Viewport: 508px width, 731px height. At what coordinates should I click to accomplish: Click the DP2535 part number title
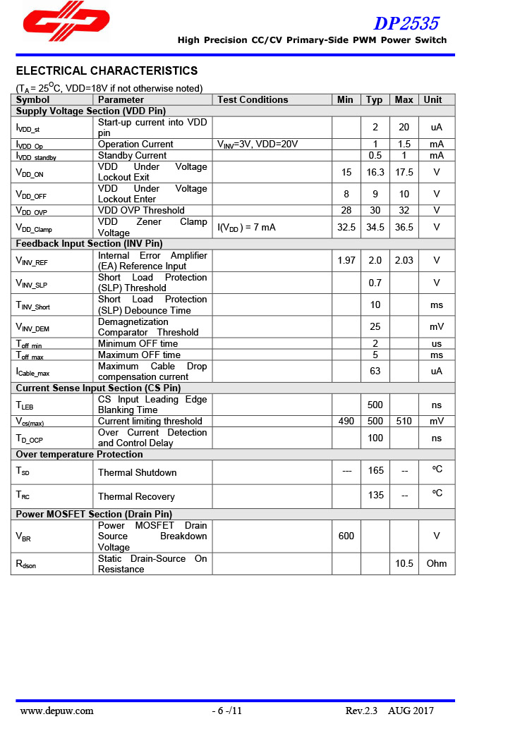406,23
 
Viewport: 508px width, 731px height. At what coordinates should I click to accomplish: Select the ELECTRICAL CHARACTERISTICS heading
107,71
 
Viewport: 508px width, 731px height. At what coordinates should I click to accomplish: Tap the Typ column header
375,99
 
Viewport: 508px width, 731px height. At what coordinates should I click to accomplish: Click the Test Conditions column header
253,99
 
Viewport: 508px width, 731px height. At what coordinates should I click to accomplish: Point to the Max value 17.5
404,172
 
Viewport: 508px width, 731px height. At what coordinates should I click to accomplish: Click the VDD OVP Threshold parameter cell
141,210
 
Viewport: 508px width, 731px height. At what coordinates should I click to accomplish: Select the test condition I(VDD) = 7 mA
246,227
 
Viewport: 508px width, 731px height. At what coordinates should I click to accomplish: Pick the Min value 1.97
346,260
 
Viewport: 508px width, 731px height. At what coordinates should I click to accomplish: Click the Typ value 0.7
375,283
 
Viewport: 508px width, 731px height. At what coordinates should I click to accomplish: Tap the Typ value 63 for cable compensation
375,371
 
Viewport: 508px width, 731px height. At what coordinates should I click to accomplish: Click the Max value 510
404,421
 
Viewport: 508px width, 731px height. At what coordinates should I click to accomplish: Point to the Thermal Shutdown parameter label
137,472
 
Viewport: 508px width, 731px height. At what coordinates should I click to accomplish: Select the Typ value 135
375,495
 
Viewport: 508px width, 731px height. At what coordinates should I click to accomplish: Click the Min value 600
346,536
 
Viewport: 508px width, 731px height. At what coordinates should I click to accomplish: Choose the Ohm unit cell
437,563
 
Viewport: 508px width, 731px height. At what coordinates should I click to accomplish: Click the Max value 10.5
404,563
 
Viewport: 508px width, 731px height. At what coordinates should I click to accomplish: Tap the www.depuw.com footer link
57,711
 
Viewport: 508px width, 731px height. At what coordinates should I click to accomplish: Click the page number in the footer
228,711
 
